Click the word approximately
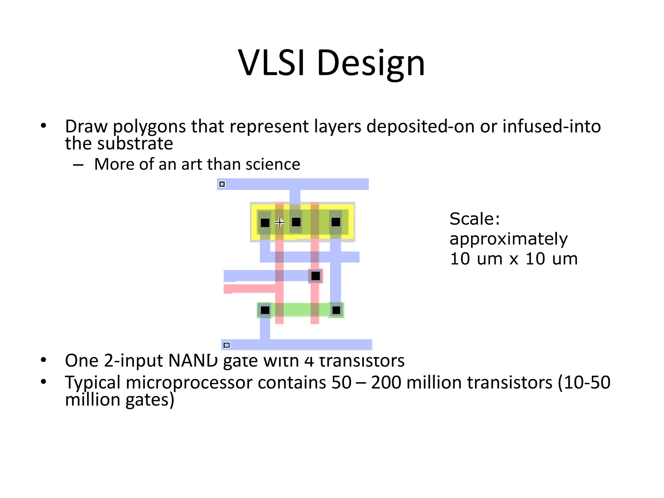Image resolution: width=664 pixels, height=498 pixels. (x=508, y=239)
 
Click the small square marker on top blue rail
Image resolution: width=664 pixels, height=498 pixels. (x=222, y=184)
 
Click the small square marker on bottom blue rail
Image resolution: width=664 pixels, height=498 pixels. (x=227, y=345)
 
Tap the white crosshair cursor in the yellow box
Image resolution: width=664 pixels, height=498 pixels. (x=279, y=222)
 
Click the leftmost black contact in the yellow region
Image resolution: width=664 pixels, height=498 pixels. (x=265, y=223)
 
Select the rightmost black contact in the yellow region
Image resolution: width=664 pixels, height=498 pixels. (x=336, y=222)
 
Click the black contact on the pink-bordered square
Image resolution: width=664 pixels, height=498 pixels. (x=315, y=276)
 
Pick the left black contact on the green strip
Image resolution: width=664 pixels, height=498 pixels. (x=265, y=310)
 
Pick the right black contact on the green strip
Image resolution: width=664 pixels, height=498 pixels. (x=336, y=310)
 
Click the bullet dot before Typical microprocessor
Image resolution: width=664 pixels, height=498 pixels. (x=43, y=382)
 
